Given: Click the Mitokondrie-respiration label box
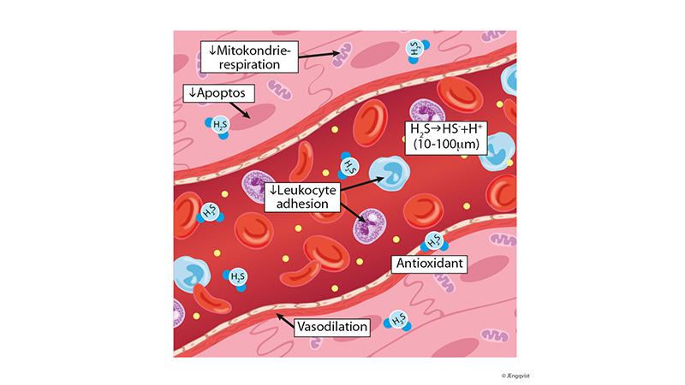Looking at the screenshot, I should [x=249, y=54].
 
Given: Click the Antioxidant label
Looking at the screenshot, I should [x=429, y=264].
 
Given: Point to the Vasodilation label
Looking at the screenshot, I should [x=331, y=327].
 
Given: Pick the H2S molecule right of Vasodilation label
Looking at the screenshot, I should [x=398, y=320].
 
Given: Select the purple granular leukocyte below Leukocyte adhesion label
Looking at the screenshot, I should [x=371, y=227].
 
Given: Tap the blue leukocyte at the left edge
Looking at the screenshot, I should [x=190, y=273].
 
